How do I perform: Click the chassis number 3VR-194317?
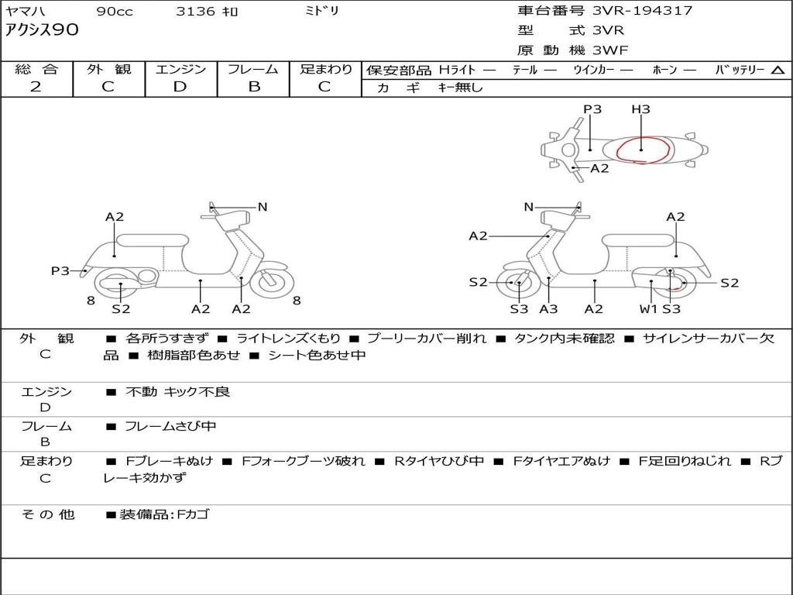coord(642,11)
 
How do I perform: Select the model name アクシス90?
coord(42,31)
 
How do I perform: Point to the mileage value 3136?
coord(195,12)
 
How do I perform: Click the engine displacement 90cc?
coord(115,12)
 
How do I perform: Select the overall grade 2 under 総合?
coord(36,87)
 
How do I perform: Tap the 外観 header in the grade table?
coord(109,69)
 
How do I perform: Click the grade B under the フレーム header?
coord(253,87)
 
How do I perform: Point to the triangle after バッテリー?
coord(778,71)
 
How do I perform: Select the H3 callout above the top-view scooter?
coord(640,109)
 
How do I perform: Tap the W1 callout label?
coord(647,309)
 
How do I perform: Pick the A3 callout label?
coord(548,309)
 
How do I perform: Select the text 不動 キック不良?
coord(178,392)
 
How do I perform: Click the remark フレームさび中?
coord(170,426)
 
